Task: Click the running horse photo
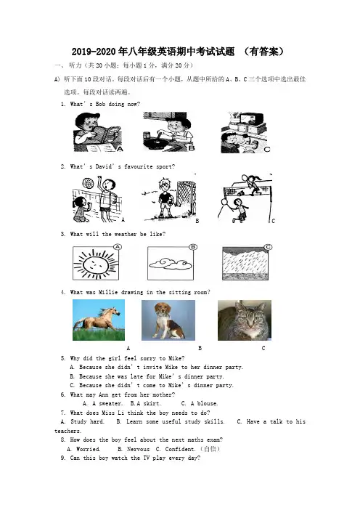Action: pyautogui.click(x=99, y=320)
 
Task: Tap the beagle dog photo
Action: pyautogui.click(x=168, y=320)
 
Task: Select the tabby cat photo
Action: pyautogui.click(x=245, y=320)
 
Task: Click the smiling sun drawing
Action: pyautogui.click(x=95, y=263)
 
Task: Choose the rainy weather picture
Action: pyautogui.click(x=245, y=263)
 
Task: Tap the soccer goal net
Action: pyautogui.click(x=187, y=195)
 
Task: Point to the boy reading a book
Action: pyautogui.click(x=97, y=132)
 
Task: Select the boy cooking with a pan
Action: pyautogui.click(x=169, y=131)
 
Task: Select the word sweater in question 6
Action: pyautogui.click(x=111, y=404)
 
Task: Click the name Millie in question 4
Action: pyautogui.click(x=108, y=292)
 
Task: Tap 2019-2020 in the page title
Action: pyautogui.click(x=94, y=52)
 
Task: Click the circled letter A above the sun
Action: pyautogui.click(x=118, y=247)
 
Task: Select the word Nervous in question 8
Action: pyautogui.click(x=138, y=449)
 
